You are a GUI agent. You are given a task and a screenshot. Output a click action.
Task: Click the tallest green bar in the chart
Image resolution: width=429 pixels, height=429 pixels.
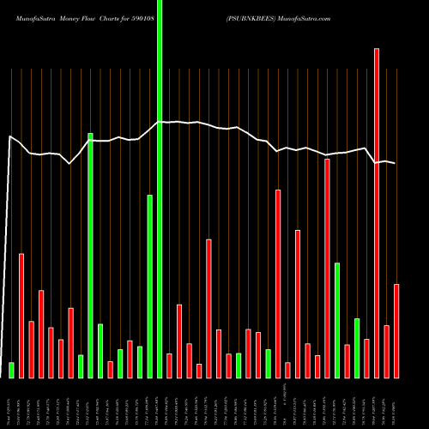point(160,189)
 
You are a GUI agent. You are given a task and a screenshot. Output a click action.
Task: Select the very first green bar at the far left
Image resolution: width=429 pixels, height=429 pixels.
point(11,370)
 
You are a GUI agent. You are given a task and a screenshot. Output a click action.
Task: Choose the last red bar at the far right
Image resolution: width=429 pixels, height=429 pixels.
point(396,330)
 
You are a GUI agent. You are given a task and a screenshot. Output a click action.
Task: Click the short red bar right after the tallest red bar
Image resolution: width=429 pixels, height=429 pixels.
point(386,351)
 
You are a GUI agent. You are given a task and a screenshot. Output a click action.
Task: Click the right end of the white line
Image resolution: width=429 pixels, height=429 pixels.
point(396,163)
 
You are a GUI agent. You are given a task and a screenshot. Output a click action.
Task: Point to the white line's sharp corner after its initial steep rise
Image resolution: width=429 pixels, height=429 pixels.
point(10,136)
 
